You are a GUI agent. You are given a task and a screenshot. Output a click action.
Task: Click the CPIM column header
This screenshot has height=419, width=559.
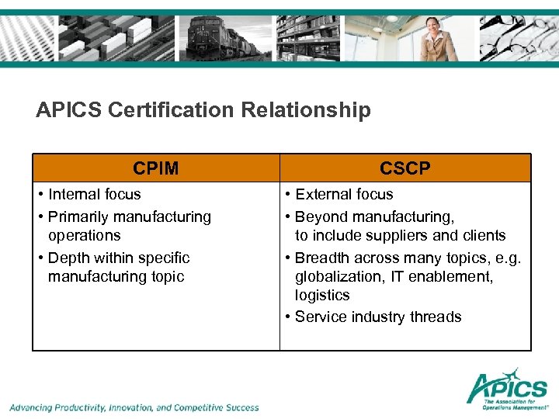click(x=155, y=168)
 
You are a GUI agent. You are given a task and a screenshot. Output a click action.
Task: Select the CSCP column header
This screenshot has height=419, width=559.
click(x=405, y=168)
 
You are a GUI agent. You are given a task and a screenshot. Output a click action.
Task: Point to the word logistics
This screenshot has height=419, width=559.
click(x=322, y=295)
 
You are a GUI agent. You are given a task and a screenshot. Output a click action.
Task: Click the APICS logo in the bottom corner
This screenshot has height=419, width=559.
click(x=508, y=387)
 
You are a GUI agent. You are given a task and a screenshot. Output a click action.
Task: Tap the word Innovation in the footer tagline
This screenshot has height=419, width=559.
click(x=131, y=407)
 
